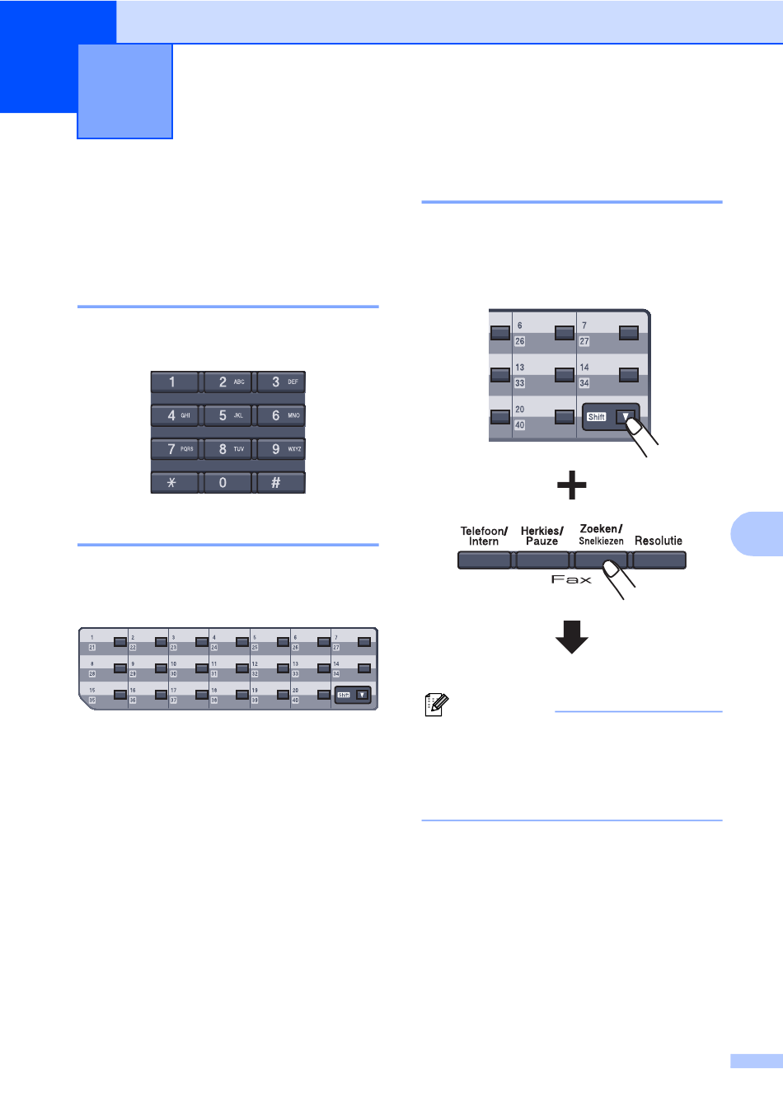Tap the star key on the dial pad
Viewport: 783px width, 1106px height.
click(x=174, y=483)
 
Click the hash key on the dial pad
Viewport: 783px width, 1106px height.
click(x=280, y=483)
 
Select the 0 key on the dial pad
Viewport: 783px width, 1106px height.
click(x=227, y=483)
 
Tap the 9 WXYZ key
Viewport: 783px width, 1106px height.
click(x=280, y=449)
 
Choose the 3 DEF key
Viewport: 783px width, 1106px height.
click(x=280, y=382)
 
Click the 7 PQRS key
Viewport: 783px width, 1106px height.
click(x=174, y=449)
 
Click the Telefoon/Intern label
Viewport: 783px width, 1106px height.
click(x=484, y=537)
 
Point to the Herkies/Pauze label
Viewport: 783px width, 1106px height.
click(x=542, y=537)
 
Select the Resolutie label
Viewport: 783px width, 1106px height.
click(x=659, y=541)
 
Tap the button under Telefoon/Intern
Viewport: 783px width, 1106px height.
click(x=485, y=560)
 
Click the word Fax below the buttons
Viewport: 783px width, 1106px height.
click(x=571, y=580)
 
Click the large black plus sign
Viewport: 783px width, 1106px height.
click(x=572, y=485)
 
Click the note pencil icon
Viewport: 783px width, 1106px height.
click(x=436, y=705)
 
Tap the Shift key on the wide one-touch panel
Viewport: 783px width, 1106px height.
click(x=353, y=696)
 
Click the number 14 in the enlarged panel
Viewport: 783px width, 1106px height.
click(x=584, y=368)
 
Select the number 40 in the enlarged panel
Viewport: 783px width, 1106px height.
click(x=520, y=425)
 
